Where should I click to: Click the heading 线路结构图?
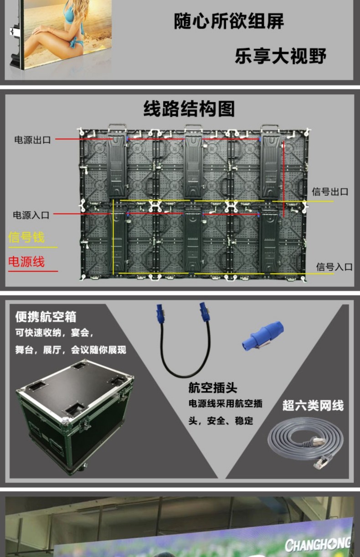coord(189,109)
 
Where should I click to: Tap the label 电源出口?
coord(32,140)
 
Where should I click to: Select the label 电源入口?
coord(31,215)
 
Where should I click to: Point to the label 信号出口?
coord(330,192)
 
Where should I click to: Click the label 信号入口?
coord(334,267)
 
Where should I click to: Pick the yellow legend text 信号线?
coord(26,237)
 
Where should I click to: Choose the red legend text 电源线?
coord(26,261)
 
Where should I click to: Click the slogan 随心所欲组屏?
coord(229,21)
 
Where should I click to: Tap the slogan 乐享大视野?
coord(280,56)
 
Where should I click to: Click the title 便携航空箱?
coord(46,317)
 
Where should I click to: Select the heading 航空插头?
coord(213,388)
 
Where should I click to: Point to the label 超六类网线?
coord(313,405)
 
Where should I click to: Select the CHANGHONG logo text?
coord(318,545)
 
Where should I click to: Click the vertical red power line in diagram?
coord(283,179)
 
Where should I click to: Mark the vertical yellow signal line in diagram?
coord(113,237)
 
